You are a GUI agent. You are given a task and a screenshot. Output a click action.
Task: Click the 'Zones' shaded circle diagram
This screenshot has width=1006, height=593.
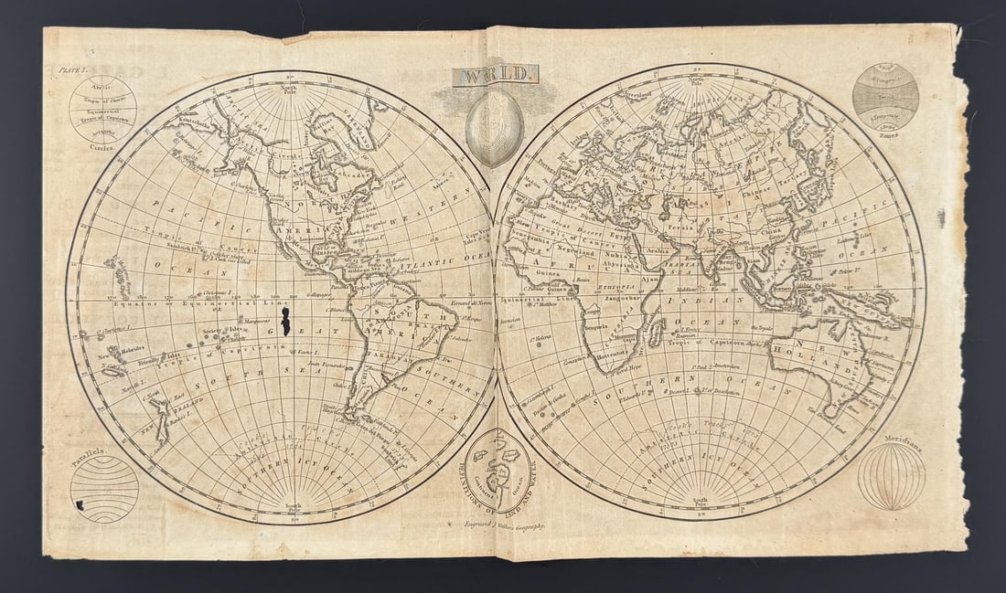[885, 96]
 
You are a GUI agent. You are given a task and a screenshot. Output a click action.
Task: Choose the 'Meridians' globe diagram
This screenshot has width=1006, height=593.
[891, 475]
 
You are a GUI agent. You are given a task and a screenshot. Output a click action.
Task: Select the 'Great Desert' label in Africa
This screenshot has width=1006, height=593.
[580, 215]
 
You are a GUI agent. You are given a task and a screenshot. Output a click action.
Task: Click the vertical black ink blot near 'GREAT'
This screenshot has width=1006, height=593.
[285, 322]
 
